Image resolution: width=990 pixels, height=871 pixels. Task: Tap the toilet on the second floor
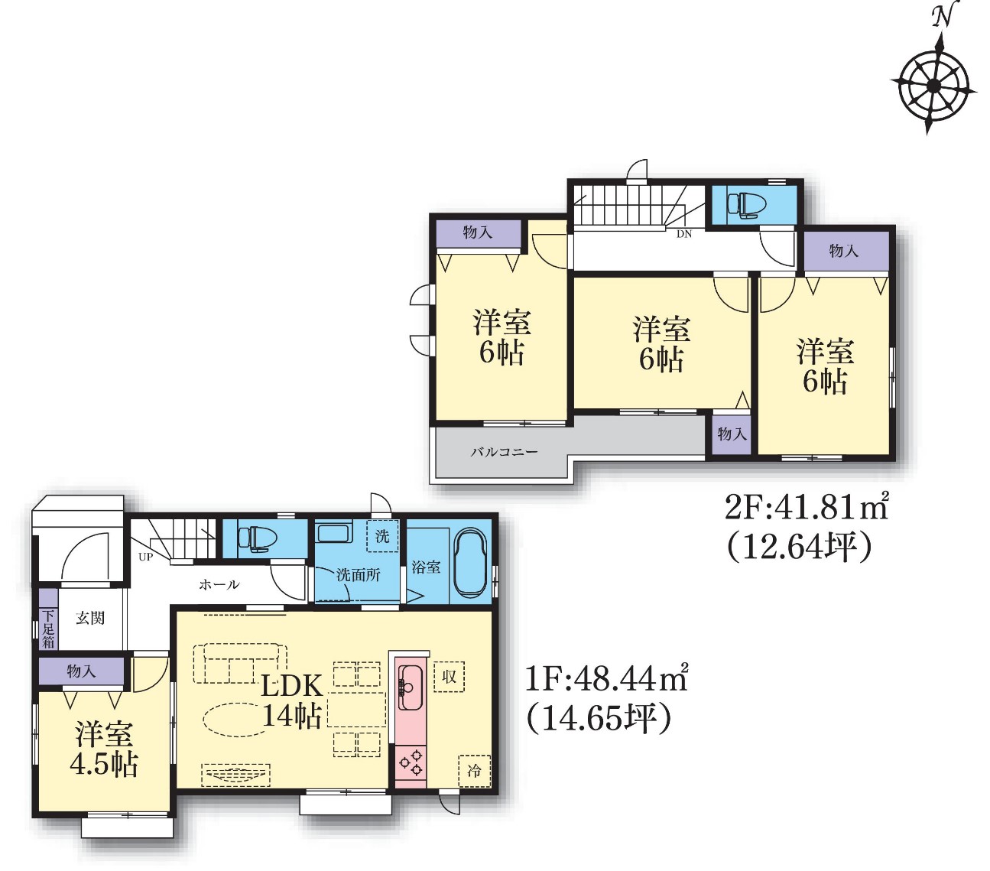pyautogui.click(x=743, y=203)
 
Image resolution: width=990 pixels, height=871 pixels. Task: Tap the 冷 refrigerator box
pyautogui.click(x=474, y=772)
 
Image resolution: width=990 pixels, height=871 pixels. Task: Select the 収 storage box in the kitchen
pyautogui.click(x=449, y=677)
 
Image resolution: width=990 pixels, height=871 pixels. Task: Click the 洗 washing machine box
pyautogui.click(x=382, y=536)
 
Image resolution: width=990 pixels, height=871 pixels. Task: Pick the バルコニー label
pyautogui.click(x=504, y=452)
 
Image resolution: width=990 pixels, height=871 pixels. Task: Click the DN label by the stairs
pyautogui.click(x=684, y=234)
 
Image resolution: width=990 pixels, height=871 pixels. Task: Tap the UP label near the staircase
pyautogui.click(x=145, y=557)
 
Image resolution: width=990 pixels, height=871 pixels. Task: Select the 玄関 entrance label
pyautogui.click(x=90, y=618)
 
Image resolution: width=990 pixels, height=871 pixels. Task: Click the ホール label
pyautogui.click(x=219, y=584)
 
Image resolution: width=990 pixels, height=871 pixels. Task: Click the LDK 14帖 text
pyautogui.click(x=292, y=701)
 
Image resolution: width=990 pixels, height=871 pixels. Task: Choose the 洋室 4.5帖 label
pyautogui.click(x=104, y=749)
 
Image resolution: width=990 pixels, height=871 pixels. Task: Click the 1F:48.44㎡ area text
pyautogui.click(x=606, y=678)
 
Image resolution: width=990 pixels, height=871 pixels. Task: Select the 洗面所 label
pyautogui.click(x=359, y=575)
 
